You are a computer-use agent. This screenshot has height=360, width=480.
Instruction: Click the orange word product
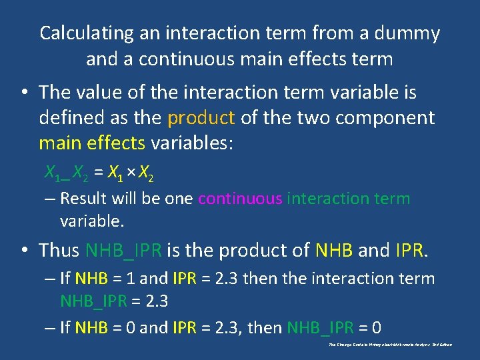click(x=201, y=118)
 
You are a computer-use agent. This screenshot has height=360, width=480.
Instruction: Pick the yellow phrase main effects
click(x=92, y=143)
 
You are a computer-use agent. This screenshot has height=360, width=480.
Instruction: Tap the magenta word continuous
click(x=240, y=198)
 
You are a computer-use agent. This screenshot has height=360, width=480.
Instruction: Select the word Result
click(x=83, y=198)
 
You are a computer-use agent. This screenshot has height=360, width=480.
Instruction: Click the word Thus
click(x=59, y=250)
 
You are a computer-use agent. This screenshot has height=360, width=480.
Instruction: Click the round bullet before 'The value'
click(x=24, y=93)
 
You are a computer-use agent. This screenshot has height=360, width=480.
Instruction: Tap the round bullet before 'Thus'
click(x=24, y=251)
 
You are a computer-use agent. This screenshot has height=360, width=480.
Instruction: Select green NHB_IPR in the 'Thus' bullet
click(x=123, y=250)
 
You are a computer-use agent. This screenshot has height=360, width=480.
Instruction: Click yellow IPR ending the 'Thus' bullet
click(x=409, y=250)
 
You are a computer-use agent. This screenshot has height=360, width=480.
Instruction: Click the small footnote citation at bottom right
click(x=391, y=345)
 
